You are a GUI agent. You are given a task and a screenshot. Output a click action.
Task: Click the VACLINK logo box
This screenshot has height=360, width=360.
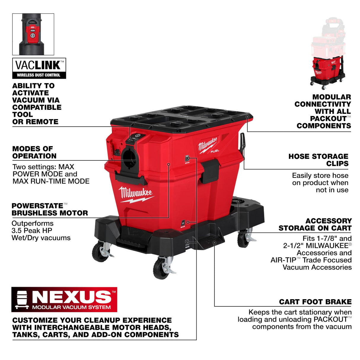[x=39, y=68]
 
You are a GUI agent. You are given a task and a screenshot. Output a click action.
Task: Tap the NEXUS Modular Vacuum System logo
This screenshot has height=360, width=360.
[x=64, y=300]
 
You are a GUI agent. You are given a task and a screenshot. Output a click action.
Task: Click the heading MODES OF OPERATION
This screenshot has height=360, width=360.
[x=34, y=152]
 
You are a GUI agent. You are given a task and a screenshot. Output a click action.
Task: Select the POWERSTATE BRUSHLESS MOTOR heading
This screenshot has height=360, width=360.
[x=50, y=209]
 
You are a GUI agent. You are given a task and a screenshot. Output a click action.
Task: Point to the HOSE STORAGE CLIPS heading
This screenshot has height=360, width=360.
[x=318, y=160]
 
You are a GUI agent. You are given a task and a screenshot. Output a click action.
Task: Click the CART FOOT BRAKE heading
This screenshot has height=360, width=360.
[x=315, y=302]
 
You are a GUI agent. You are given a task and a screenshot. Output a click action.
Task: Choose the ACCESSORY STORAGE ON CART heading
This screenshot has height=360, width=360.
[x=315, y=224]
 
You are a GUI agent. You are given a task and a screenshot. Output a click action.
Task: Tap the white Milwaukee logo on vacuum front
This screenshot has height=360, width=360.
[x=136, y=194]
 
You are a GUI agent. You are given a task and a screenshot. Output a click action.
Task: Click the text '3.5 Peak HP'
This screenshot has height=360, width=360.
[x=32, y=231]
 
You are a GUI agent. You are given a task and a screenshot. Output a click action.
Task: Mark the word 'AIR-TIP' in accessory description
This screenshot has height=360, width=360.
[x=283, y=260]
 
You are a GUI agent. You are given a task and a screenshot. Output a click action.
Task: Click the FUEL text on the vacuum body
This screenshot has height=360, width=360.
[x=215, y=151]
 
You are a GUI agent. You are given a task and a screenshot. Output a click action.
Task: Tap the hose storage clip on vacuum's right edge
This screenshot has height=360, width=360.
[x=243, y=142]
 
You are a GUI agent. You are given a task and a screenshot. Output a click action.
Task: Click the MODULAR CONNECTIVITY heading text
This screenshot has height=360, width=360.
[x=323, y=111]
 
